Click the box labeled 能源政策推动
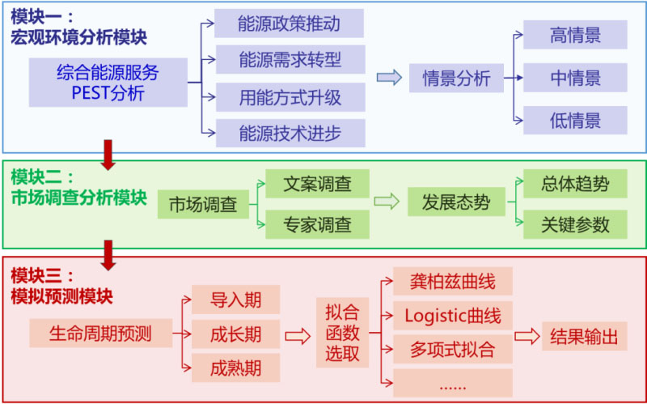289,23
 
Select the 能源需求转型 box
290,60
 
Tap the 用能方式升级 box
290,97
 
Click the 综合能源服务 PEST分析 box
108,83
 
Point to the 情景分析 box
455,79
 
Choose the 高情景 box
575,35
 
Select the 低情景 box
575,121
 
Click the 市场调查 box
203,205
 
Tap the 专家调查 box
317,223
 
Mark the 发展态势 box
455,202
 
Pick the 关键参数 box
575,224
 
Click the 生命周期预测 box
100,332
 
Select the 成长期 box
235,333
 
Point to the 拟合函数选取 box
342,333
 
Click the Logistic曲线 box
452,315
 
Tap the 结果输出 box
583,336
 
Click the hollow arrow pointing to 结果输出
528,336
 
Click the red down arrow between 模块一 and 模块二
108,155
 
